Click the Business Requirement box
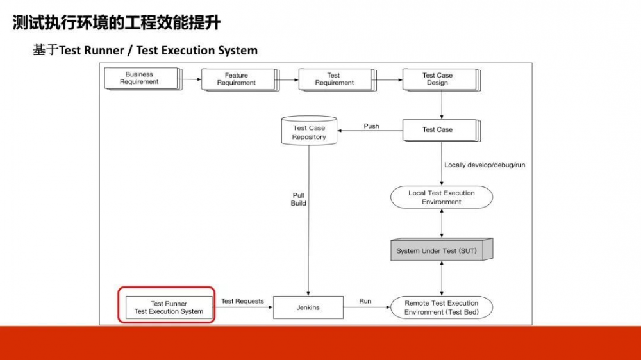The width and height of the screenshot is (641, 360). pos(140,79)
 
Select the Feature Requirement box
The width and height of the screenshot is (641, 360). pos(237,79)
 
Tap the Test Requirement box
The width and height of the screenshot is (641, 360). pos(334,79)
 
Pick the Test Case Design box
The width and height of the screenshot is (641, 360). pos(438,79)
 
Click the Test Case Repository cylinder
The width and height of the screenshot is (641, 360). pos(309,131)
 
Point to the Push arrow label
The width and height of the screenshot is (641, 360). pos(371,126)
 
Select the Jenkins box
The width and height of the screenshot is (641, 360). pos(308,307)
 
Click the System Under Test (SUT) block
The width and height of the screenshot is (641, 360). pos(441,250)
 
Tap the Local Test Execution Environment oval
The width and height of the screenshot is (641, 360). pos(442,197)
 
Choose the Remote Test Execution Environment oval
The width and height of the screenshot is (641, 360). pos(441,307)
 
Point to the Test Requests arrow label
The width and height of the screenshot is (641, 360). pos(242,301)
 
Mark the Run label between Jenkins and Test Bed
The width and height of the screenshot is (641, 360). pos(365,300)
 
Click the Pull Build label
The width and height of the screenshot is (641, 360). pos(299,199)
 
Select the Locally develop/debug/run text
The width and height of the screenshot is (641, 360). pos(485,165)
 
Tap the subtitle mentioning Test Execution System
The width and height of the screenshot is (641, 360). pos(145,50)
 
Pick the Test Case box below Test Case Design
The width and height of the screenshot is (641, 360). pos(438,130)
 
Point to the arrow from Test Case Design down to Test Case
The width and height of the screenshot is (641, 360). pos(442,104)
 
